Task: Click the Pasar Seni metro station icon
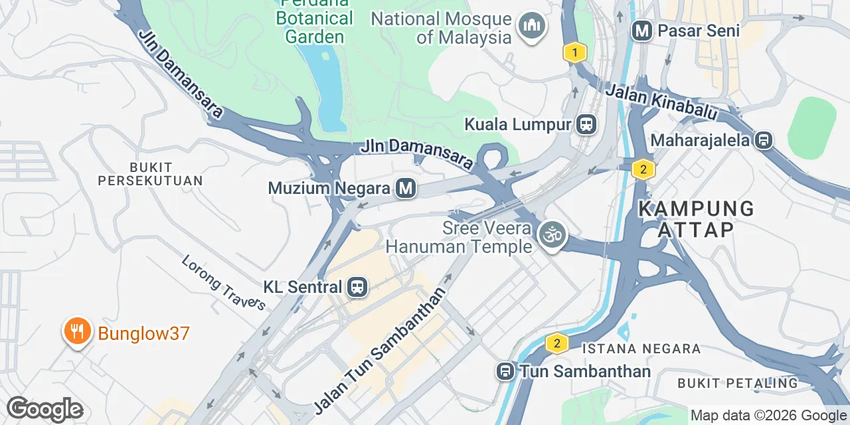(x=641, y=31)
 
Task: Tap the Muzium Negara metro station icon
(x=406, y=189)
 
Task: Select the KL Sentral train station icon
(x=357, y=288)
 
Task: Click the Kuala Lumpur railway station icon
(x=586, y=124)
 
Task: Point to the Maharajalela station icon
(x=764, y=141)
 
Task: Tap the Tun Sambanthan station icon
(x=505, y=371)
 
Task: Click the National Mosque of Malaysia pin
(x=532, y=27)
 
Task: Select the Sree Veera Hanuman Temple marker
(x=551, y=234)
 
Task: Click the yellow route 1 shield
(x=575, y=52)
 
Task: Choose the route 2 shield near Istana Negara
(x=556, y=343)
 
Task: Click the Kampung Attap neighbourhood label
(x=696, y=219)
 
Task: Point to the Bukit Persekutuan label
(x=150, y=174)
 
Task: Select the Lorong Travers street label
(x=223, y=283)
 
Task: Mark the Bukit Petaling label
(x=737, y=383)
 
